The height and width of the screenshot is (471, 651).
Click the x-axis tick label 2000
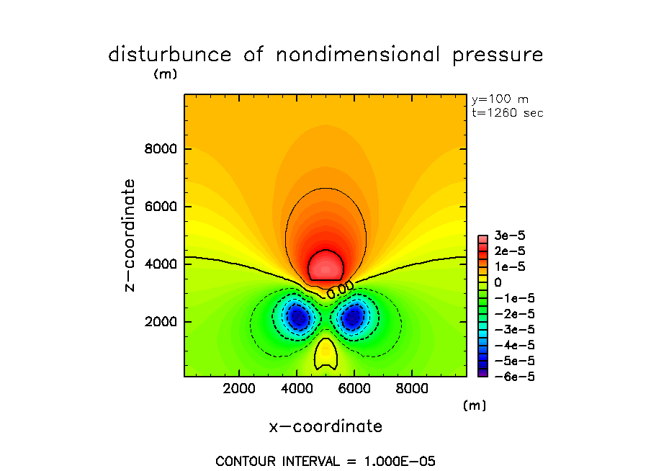click(x=240, y=389)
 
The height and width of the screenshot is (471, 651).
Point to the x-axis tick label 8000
click(x=410, y=389)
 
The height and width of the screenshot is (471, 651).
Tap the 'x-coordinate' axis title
click(x=325, y=426)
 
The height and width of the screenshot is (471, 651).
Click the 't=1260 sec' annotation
click(x=507, y=113)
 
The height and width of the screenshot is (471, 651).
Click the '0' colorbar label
click(x=498, y=282)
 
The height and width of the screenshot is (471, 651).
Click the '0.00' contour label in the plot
click(x=339, y=292)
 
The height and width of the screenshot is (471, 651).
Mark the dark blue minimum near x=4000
click(x=297, y=316)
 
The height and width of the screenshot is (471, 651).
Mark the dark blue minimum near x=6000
click(x=354, y=316)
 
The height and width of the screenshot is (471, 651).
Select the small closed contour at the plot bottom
click(x=325, y=354)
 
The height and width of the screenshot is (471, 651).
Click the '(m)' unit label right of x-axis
click(x=475, y=405)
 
